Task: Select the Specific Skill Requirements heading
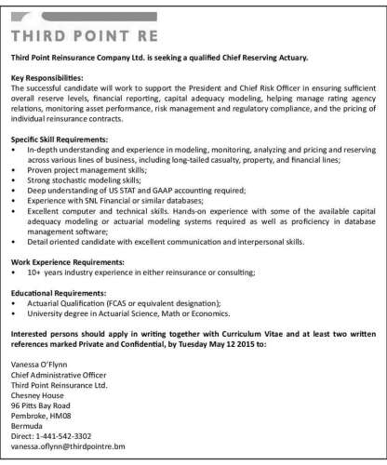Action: tap(62, 137)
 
